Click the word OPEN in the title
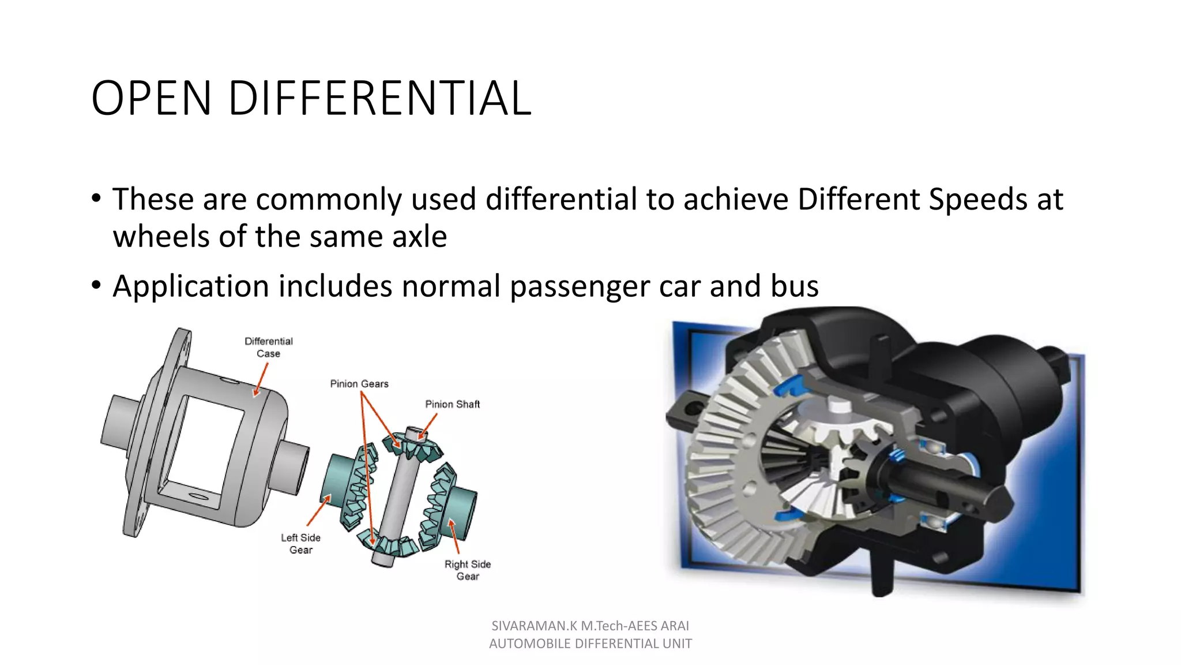coord(151,98)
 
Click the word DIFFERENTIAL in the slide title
coord(379,98)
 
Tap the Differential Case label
coord(268,347)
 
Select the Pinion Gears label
coord(359,384)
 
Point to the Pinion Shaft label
coord(452,404)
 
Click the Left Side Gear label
coord(300,544)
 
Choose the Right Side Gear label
coord(467,570)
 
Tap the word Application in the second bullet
coord(191,286)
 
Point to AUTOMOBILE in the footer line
coord(525,644)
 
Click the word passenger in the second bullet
coord(580,286)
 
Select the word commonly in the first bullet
coord(329,200)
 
